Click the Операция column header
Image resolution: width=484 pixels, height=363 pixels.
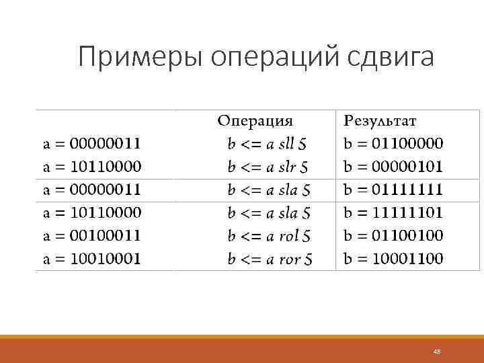tap(255, 121)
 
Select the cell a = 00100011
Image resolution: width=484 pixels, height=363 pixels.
tap(92, 236)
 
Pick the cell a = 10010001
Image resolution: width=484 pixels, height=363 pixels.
tap(92, 259)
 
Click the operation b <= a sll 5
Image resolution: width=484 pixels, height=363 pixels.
tap(268, 143)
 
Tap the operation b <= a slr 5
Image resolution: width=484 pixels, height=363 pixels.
tap(268, 166)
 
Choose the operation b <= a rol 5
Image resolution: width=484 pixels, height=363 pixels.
tap(269, 236)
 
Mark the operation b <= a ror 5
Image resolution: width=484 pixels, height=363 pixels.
tap(269, 259)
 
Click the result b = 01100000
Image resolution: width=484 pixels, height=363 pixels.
tap(393, 143)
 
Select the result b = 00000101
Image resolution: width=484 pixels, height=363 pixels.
tap(393, 166)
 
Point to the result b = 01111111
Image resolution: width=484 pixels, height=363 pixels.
tap(393, 190)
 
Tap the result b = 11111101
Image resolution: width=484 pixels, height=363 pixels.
tap(393, 213)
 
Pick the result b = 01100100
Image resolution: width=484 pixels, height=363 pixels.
tap(393, 236)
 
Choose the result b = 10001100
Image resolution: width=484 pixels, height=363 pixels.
tap(393, 259)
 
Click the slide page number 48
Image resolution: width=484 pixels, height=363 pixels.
tap(436, 352)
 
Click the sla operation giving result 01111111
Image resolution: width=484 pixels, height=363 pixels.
tap(269, 190)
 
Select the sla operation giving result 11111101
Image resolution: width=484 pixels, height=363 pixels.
tap(269, 213)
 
